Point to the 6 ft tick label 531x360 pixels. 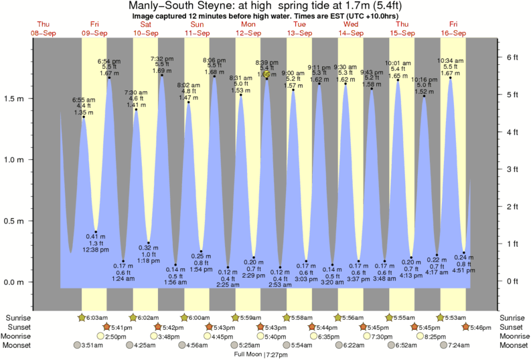click(512, 58)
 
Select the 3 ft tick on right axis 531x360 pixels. click(512, 169)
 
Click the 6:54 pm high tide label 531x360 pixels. click(109, 61)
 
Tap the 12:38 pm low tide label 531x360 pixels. click(96, 250)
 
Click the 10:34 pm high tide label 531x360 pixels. click(450, 61)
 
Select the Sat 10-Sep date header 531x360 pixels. click(145, 29)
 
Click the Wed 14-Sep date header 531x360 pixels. click(350, 29)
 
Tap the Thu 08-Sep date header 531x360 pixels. click(43, 29)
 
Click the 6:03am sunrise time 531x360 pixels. click(96, 317)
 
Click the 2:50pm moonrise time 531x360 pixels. click(116, 337)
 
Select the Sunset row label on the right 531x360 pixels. click(513, 327)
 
